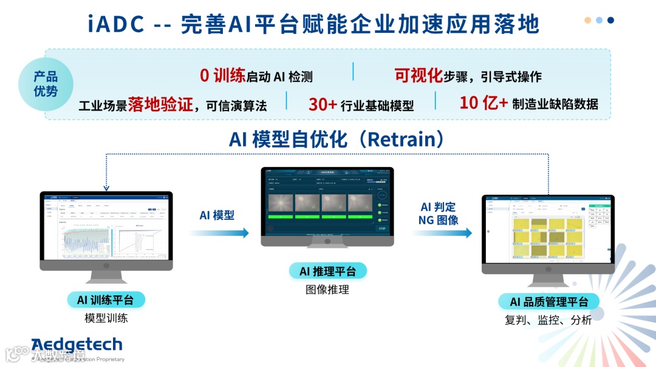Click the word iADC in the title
click(x=116, y=24)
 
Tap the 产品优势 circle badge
click(x=46, y=84)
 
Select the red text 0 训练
click(x=222, y=76)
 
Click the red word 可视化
click(x=419, y=75)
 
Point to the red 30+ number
click(x=323, y=105)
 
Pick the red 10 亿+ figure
click(x=483, y=103)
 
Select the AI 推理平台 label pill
click(x=327, y=271)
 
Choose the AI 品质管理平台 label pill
click(x=548, y=302)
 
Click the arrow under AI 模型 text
click(x=219, y=233)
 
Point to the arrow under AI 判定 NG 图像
click(x=442, y=233)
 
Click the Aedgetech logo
click(x=77, y=345)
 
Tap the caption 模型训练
click(x=106, y=318)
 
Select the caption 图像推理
click(x=327, y=290)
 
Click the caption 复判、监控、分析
click(x=548, y=320)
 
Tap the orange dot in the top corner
click(x=588, y=20)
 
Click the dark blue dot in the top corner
click(x=610, y=20)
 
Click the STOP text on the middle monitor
click(x=382, y=228)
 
